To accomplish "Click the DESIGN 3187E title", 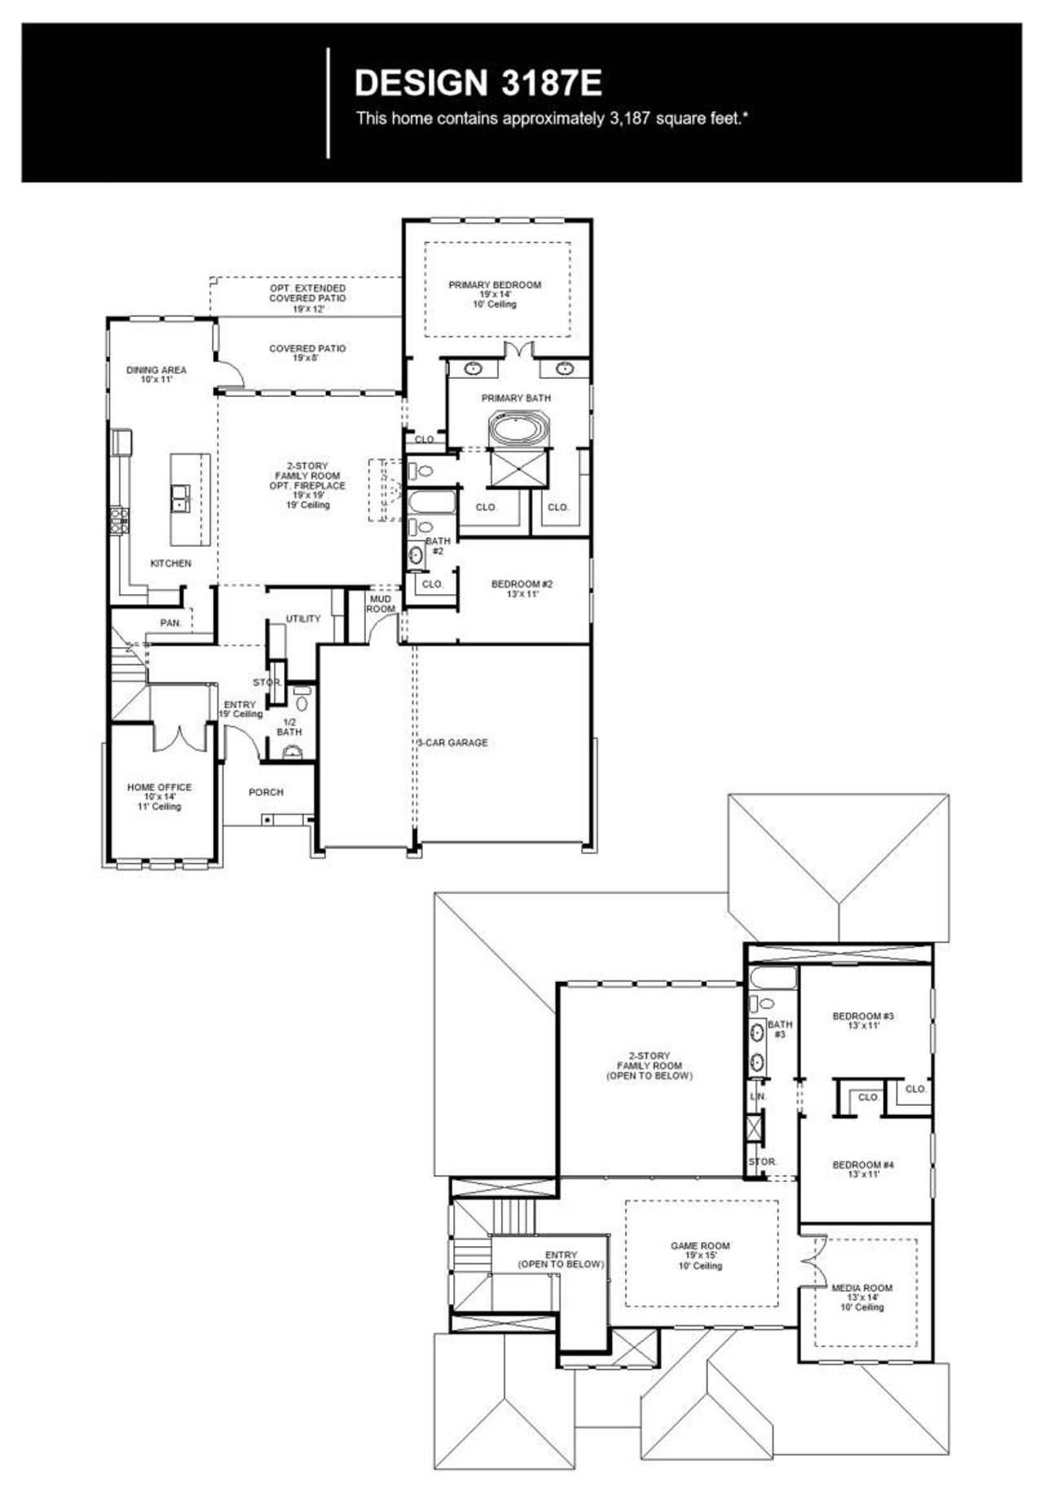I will (x=478, y=83).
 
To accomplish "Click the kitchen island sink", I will (x=181, y=496).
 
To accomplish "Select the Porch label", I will (x=266, y=791).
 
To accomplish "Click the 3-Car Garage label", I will (x=453, y=742).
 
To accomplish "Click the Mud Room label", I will (x=381, y=604).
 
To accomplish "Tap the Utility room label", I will (x=303, y=619).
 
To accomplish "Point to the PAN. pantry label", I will (x=170, y=623).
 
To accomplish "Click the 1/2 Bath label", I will (x=289, y=727).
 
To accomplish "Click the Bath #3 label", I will (x=780, y=1029).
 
